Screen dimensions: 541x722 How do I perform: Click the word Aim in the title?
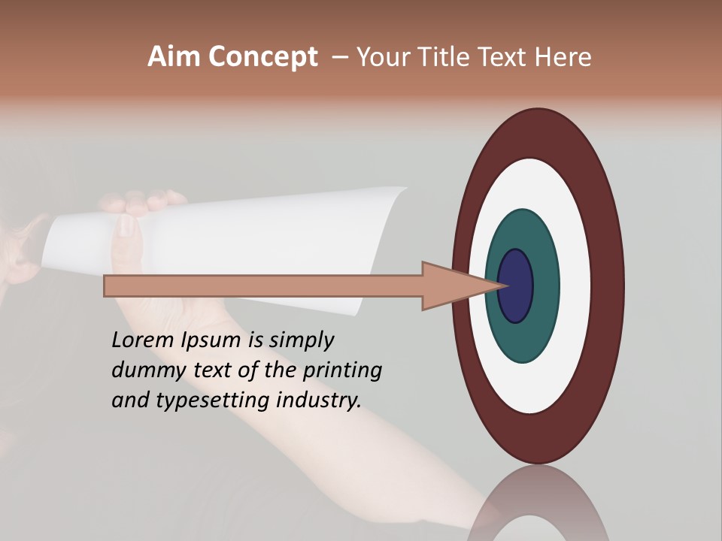pos(174,57)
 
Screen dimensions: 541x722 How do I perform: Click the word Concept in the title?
pos(262,57)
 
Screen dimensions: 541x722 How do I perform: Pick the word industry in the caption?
pos(319,401)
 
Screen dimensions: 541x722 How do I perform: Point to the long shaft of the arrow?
pos(263,286)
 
